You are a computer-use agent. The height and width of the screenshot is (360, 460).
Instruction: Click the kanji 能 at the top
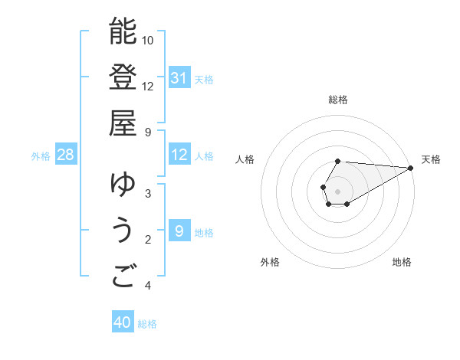click(123, 31)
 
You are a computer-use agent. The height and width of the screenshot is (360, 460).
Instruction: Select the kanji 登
click(123, 77)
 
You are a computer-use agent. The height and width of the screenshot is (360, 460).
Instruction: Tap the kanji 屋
click(123, 123)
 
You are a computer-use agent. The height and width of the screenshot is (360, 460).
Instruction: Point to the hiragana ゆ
click(123, 185)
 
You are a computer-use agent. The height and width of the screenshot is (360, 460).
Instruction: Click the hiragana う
click(123, 231)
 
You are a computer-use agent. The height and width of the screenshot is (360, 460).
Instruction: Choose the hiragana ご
click(123, 277)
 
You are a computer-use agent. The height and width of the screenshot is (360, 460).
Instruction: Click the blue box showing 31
click(179, 78)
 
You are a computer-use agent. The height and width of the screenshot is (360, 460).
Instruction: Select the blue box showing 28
click(66, 155)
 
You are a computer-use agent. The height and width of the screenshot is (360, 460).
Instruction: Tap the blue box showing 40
click(123, 322)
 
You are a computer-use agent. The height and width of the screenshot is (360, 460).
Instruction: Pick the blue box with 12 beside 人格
click(179, 155)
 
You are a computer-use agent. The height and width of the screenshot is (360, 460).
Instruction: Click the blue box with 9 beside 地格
click(179, 231)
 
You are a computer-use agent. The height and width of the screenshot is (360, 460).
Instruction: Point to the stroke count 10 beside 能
click(148, 40)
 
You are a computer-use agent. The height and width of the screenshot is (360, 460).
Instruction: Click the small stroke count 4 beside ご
click(147, 286)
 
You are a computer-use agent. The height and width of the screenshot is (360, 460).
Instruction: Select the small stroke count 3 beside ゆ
click(147, 193)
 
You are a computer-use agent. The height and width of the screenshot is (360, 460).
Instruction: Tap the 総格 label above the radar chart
click(338, 100)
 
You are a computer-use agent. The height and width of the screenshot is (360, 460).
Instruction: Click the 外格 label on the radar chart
click(270, 262)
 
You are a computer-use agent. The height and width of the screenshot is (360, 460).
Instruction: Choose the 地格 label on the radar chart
click(402, 262)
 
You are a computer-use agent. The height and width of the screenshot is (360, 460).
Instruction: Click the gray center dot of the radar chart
click(338, 191)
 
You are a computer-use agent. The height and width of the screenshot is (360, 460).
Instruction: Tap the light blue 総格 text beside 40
click(147, 324)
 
